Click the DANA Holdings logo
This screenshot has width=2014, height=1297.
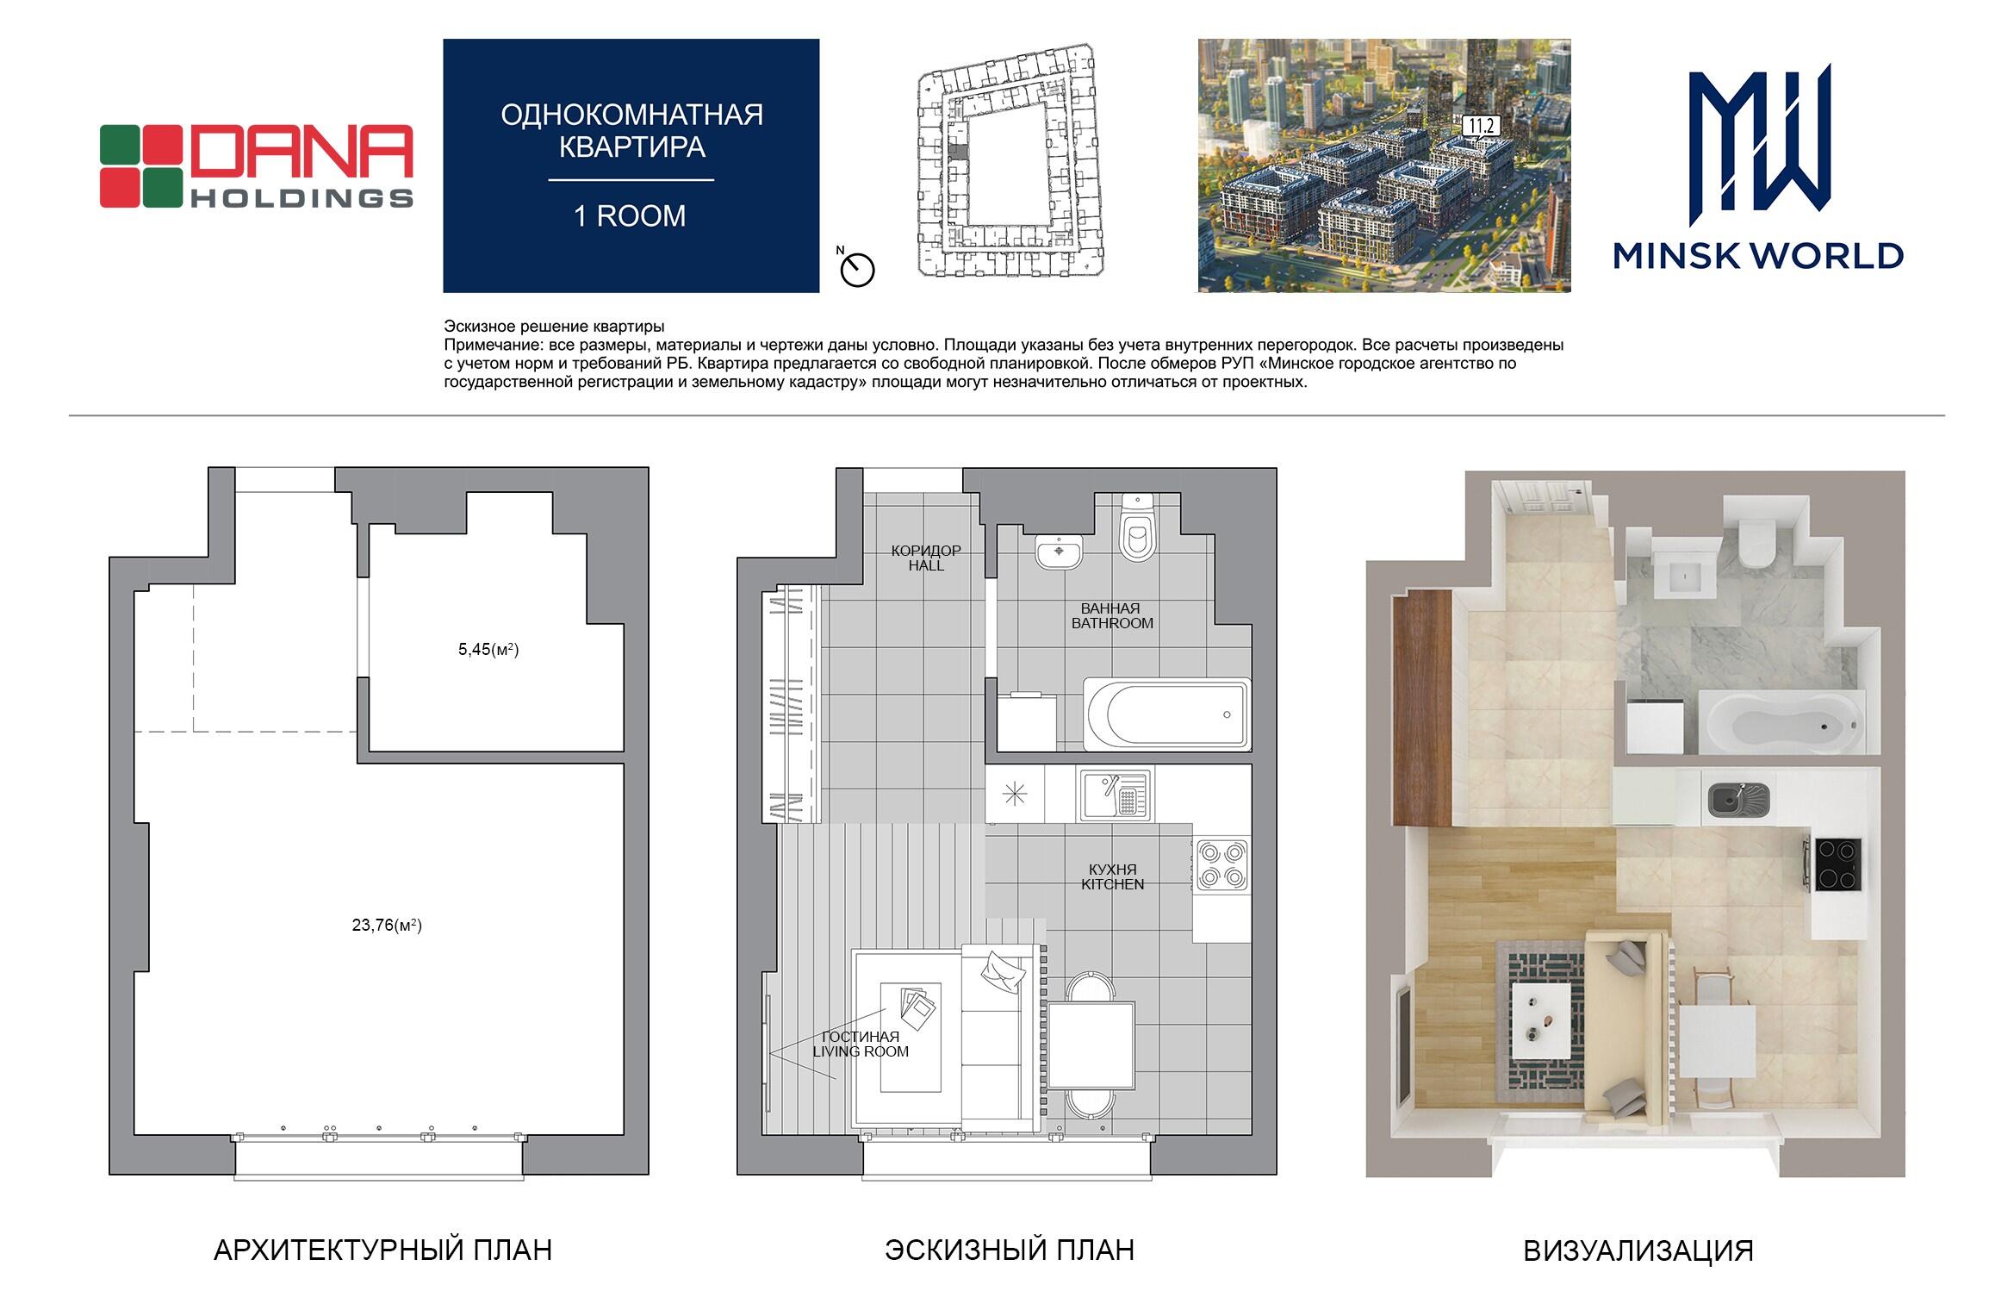coord(256,166)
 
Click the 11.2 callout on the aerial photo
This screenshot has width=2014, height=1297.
coord(1481,126)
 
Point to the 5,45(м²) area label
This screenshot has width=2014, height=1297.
coord(488,650)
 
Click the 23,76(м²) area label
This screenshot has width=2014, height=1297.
coord(387,926)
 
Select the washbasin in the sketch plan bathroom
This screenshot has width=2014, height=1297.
coord(1059,552)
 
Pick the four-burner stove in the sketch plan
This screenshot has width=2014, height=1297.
coord(1221,865)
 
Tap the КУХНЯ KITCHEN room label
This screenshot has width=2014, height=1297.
coord(1113,877)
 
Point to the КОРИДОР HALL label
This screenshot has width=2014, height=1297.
coord(926,558)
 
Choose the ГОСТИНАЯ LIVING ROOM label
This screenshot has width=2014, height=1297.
coord(861,1044)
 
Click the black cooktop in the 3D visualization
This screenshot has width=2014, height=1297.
coord(1837,865)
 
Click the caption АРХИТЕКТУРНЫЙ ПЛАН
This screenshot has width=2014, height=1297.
coord(382,1250)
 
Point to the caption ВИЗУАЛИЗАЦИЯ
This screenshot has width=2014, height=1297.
coord(1638,1250)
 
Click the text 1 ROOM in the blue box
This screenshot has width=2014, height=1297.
coord(630,216)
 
